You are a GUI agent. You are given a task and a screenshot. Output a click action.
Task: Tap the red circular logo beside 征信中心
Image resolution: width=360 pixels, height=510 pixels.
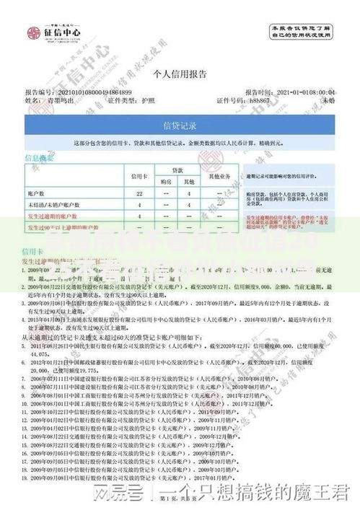(x=33, y=32)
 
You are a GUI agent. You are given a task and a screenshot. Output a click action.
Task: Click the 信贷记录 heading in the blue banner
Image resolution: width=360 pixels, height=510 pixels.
(x=180, y=126)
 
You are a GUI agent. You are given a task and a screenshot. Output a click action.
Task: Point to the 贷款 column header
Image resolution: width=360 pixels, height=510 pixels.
(x=177, y=170)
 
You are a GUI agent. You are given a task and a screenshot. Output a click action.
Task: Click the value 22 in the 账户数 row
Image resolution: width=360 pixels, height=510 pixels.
(x=139, y=193)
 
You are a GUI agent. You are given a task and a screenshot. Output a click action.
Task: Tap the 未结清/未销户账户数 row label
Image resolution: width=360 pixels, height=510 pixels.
(x=53, y=205)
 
